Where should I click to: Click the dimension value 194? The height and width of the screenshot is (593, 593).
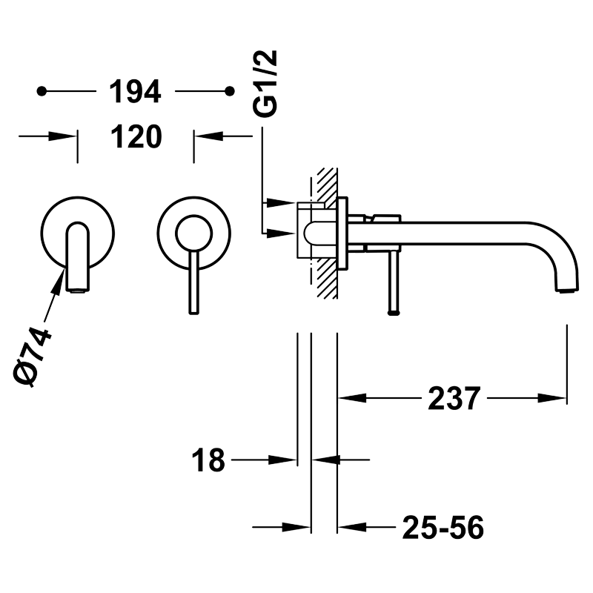(135, 91)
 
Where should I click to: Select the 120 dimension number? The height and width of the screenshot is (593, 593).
(136, 136)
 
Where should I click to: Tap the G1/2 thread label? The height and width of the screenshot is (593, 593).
(265, 83)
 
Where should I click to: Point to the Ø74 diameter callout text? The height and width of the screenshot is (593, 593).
(33, 357)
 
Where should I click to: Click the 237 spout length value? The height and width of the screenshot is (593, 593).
(454, 398)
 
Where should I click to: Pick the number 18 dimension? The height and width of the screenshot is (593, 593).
(208, 460)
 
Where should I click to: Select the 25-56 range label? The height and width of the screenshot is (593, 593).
(443, 528)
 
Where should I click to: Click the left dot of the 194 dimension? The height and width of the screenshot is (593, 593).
(42, 91)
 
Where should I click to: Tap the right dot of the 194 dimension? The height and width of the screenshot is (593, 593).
(230, 91)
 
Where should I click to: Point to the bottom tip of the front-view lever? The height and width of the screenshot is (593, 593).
(193, 312)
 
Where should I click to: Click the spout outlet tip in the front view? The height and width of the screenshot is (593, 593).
(78, 291)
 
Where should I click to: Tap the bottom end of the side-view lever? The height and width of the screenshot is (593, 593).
(394, 312)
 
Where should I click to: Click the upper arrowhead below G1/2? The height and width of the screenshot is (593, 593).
(281, 202)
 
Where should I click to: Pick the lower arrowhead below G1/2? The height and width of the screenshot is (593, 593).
(281, 233)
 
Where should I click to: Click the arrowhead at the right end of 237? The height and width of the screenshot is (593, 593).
(551, 398)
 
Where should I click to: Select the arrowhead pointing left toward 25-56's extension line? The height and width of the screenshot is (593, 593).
(352, 527)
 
